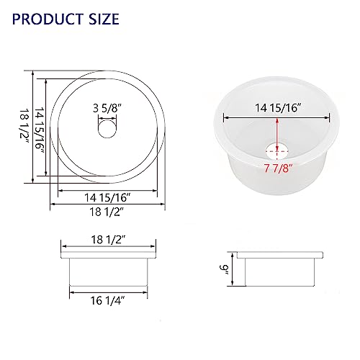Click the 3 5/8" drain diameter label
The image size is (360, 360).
pyautogui.click(x=106, y=110)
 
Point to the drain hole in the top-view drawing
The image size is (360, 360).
pyautogui.click(x=106, y=130)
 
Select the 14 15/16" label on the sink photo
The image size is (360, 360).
pyautogui.click(x=277, y=109)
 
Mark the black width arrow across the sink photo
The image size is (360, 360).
pyautogui.click(x=277, y=119)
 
